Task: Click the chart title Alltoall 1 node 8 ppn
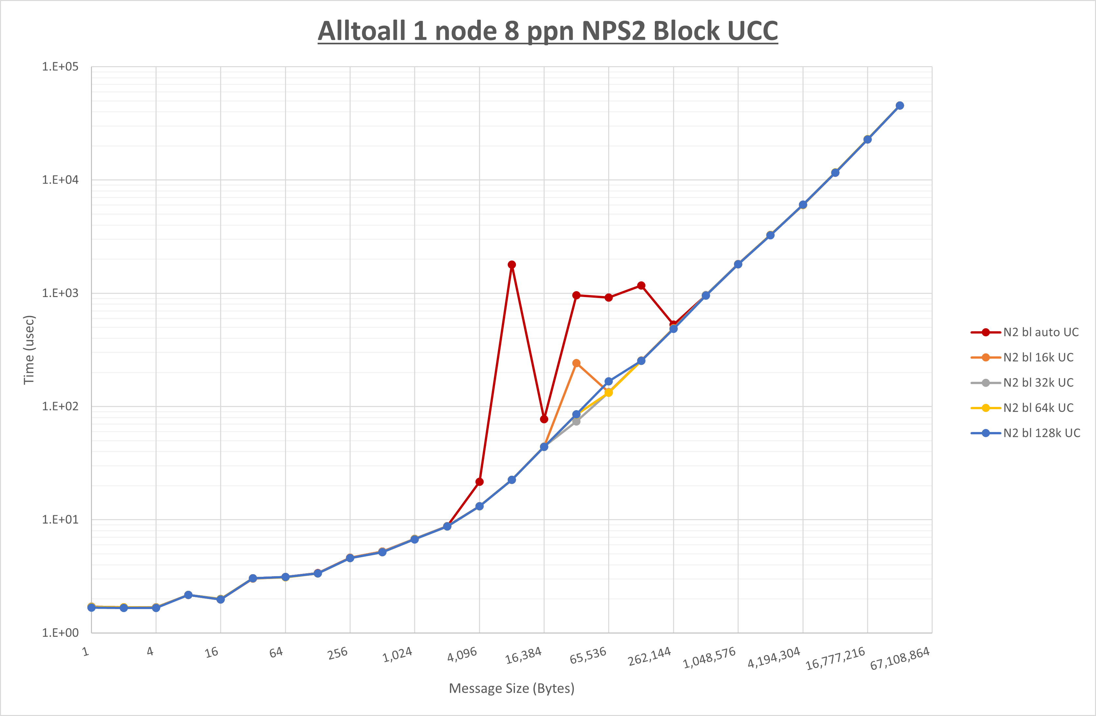[x=548, y=31]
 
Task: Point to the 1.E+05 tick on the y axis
[x=60, y=67]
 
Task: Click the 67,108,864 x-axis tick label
[x=900, y=658]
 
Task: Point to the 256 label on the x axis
[x=338, y=653]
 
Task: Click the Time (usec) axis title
[x=29, y=350]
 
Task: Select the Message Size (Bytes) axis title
[x=512, y=688]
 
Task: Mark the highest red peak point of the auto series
[x=512, y=265]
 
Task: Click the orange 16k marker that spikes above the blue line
[x=576, y=363]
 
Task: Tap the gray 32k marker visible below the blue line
[x=576, y=421]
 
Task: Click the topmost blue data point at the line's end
[x=900, y=105]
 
